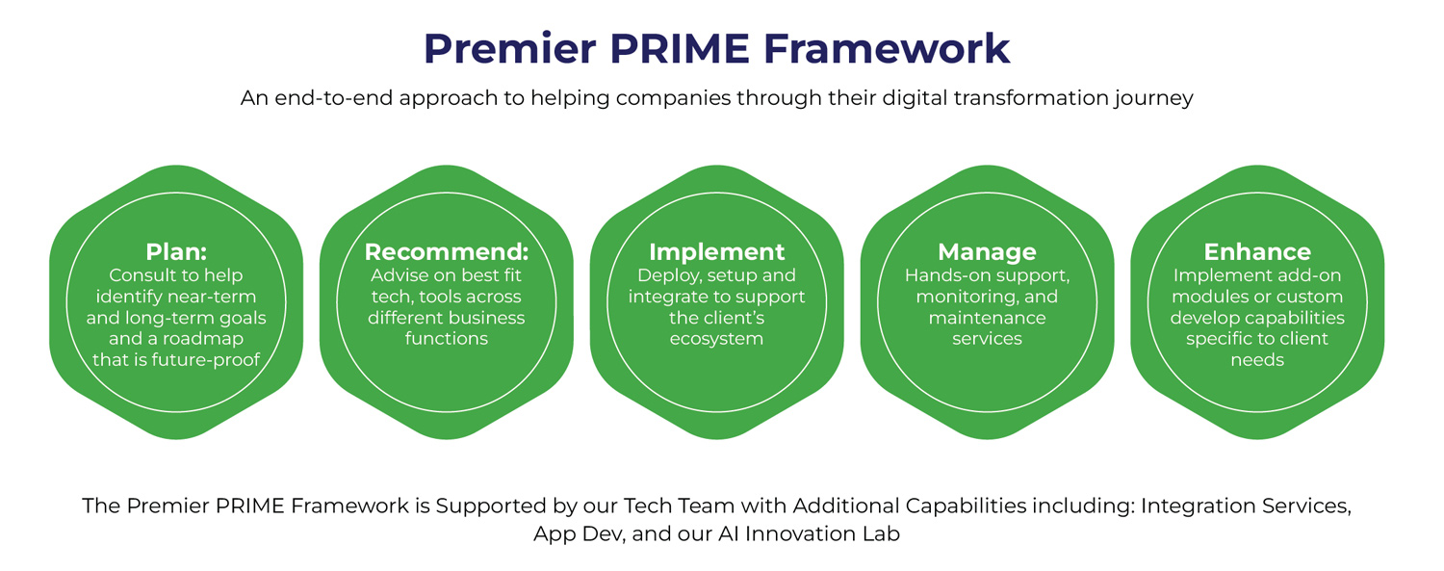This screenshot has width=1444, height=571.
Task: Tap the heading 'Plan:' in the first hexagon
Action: pyautogui.click(x=176, y=252)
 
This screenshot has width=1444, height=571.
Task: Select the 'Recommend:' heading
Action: pyautogui.click(x=447, y=252)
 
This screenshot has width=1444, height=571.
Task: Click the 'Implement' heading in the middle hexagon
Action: pyautogui.click(x=717, y=252)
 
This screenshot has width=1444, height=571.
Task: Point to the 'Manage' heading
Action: pyautogui.click(x=987, y=252)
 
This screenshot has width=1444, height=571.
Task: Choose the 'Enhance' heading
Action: pyautogui.click(x=1257, y=252)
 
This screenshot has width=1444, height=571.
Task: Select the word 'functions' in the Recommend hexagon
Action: pyautogui.click(x=447, y=339)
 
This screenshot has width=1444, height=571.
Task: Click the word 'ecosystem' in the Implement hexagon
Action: pyautogui.click(x=717, y=339)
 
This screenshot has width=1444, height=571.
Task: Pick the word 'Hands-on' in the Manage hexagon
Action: pyautogui.click(x=942, y=275)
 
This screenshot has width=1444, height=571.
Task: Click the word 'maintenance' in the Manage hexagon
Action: pyautogui.click(x=987, y=318)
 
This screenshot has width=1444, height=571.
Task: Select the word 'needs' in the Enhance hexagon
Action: pyautogui.click(x=1257, y=360)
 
